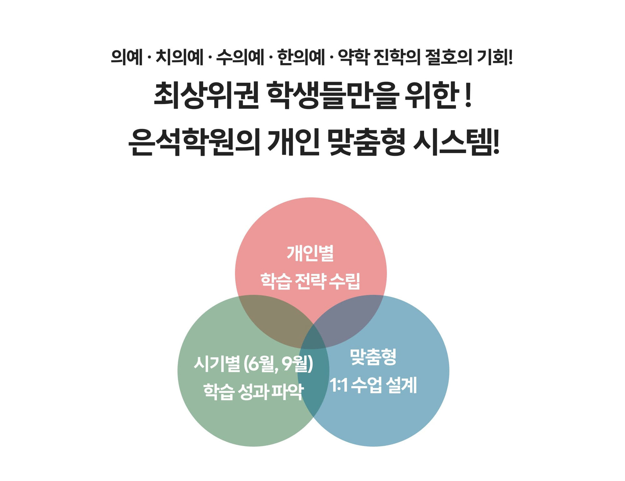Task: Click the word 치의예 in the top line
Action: coord(179,58)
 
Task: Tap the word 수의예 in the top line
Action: coord(240,58)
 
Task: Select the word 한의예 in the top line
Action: coord(301,58)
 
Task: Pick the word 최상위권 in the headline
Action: coord(206,95)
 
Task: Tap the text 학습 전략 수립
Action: coord(310,281)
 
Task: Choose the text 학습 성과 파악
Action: coord(253,392)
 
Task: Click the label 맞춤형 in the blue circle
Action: coord(373,357)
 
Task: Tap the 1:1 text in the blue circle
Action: coord(339,385)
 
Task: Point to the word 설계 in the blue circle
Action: coord(401,385)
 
